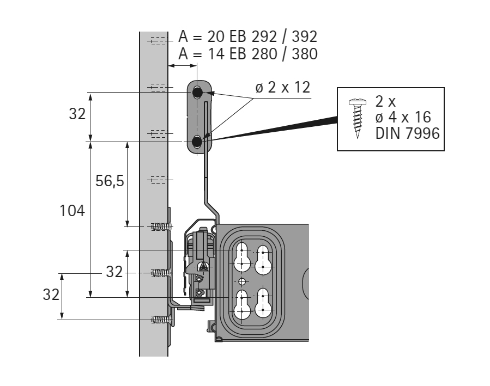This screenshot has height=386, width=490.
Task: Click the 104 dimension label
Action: (72, 211)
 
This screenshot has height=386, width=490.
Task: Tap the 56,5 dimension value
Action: (110, 181)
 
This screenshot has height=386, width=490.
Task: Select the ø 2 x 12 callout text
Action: (283, 87)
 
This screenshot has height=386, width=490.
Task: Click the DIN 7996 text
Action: (408, 133)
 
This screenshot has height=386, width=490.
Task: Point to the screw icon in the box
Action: (358, 118)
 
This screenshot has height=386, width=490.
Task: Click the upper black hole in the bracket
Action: (197, 93)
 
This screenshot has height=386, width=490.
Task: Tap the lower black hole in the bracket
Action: (197, 142)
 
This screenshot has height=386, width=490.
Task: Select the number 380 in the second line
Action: (305, 54)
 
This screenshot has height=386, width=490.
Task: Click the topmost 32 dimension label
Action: (77, 114)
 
